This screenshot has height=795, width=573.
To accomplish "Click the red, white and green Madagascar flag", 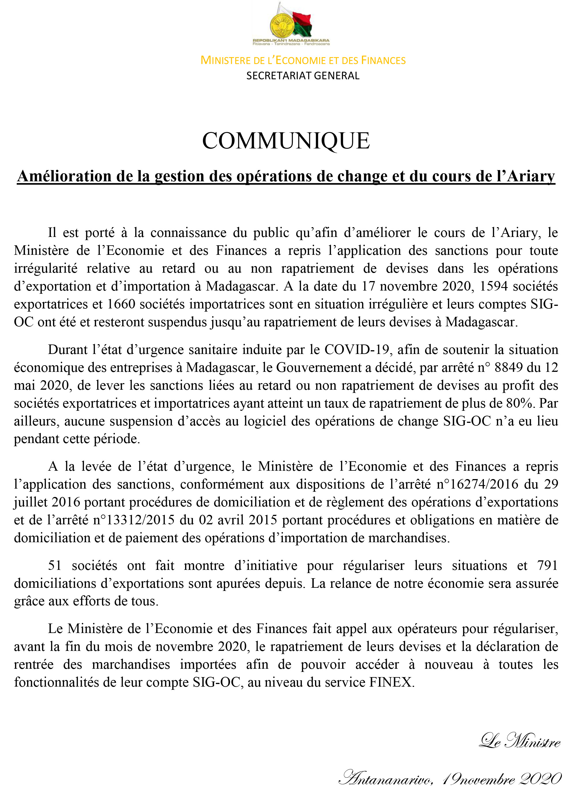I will pyautogui.click(x=301, y=24).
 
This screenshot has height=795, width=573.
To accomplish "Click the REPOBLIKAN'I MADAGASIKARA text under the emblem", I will pyautogui.click(x=291, y=40).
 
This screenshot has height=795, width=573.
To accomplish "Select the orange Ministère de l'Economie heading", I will pyautogui.click(x=303, y=60).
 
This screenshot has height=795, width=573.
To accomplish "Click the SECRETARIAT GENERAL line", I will pyautogui.click(x=303, y=76).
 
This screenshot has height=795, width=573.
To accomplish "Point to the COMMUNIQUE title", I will pyautogui.click(x=286, y=141).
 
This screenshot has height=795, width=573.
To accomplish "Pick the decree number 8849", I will pyautogui.click(x=508, y=367).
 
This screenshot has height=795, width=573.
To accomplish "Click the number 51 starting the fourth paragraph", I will pyautogui.click(x=55, y=565).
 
